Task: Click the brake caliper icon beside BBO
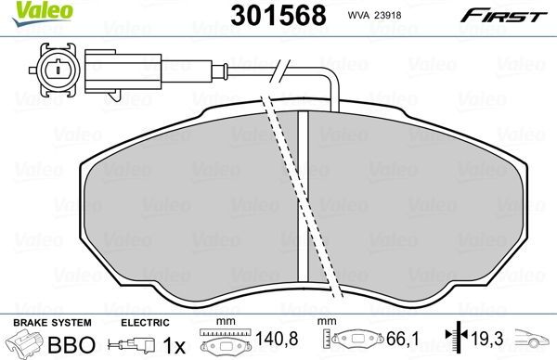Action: click(x=25, y=344)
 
